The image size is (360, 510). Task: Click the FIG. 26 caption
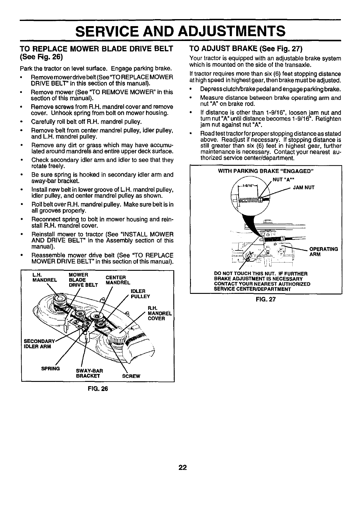98,388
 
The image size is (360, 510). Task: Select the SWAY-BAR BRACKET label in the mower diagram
90,373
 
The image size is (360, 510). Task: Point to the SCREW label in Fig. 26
131,376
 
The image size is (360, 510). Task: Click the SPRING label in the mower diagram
51,369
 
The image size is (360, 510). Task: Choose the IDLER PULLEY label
140,294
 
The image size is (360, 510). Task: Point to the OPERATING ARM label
323,252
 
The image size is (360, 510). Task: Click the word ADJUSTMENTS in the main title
231,31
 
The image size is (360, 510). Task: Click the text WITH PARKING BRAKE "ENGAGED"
266,171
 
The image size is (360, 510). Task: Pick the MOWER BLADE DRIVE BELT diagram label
83,280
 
